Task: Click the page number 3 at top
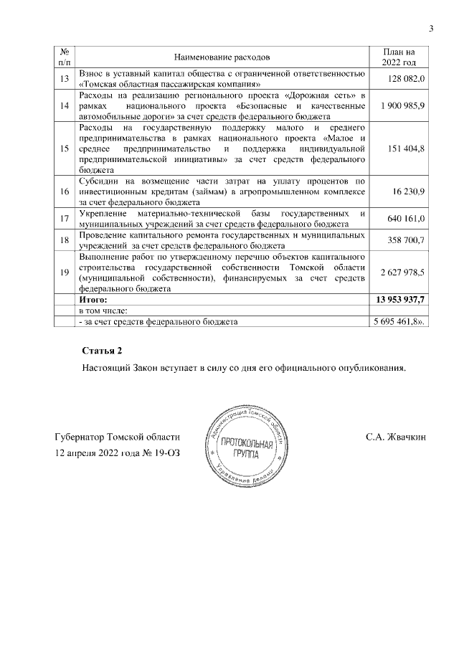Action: tap(431, 29)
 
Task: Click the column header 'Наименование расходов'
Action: tap(222, 57)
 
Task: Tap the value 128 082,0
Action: tap(407, 79)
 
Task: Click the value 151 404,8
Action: tap(407, 148)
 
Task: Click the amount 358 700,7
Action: tap(407, 240)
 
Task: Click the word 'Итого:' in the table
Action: tap(93, 299)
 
